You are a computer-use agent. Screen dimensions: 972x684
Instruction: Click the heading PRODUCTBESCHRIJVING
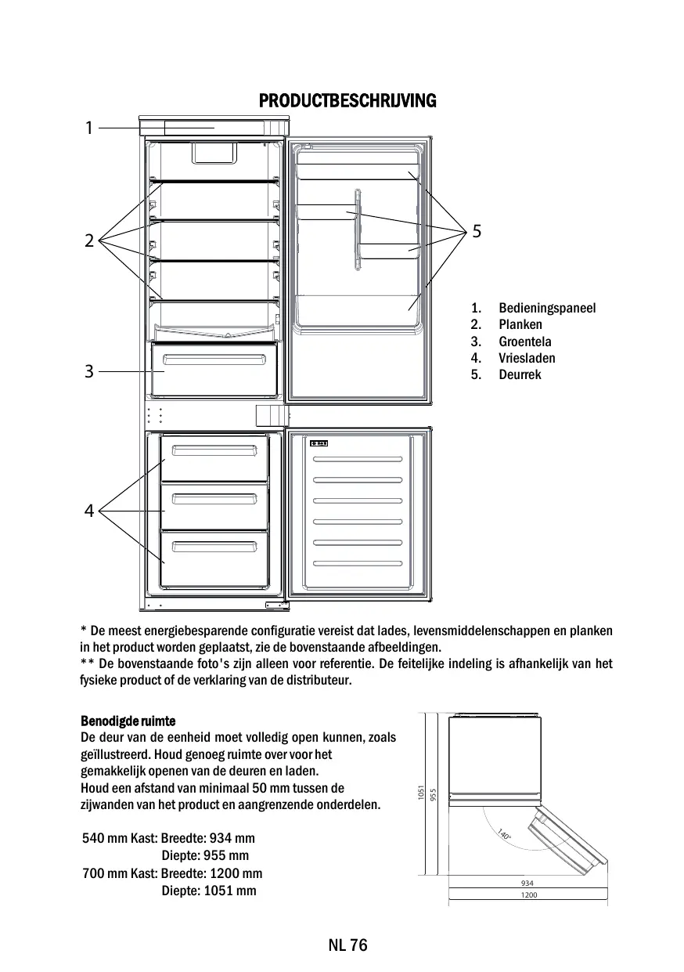[x=347, y=101]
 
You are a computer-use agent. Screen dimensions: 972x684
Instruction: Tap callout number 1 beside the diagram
[x=89, y=128]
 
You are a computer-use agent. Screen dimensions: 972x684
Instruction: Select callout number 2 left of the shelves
[x=89, y=240]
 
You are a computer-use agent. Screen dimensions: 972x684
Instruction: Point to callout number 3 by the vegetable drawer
[x=89, y=371]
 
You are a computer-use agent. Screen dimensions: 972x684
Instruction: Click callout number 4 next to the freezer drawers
[x=89, y=511]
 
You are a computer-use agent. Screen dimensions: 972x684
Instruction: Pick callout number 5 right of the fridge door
[x=477, y=232]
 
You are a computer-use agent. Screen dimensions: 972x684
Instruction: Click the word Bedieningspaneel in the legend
[x=547, y=308]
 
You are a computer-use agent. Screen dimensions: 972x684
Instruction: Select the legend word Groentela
[x=524, y=341]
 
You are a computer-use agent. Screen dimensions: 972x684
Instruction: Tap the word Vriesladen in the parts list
[x=527, y=358]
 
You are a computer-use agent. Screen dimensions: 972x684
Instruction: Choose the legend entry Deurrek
[x=520, y=374]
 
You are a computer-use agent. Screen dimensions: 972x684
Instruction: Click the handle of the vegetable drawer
[x=213, y=360]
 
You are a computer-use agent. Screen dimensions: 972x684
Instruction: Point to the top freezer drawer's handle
[x=214, y=450]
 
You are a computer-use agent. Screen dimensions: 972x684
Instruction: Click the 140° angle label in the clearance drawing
[x=505, y=836]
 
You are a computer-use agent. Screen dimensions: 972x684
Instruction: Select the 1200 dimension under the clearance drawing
[x=529, y=895]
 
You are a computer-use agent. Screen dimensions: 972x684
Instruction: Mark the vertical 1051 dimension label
[x=421, y=793]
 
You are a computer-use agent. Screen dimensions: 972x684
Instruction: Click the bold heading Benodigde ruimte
[x=128, y=721]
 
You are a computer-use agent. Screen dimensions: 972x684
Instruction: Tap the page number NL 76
[x=347, y=945]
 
